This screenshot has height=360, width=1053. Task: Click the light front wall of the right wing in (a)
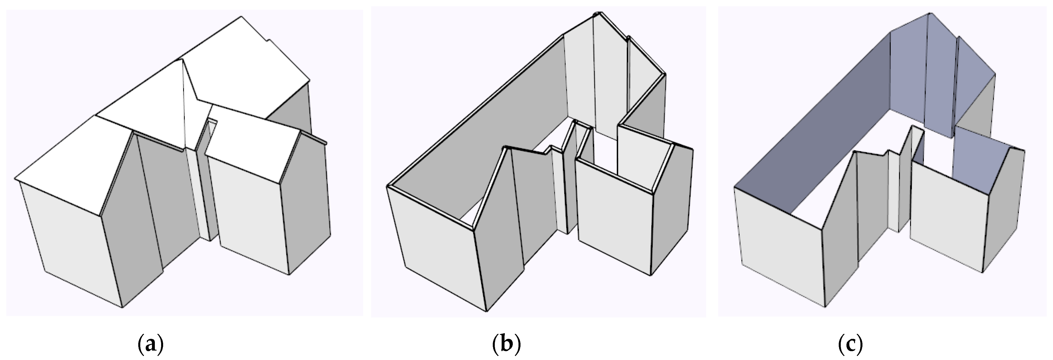(249, 204)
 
